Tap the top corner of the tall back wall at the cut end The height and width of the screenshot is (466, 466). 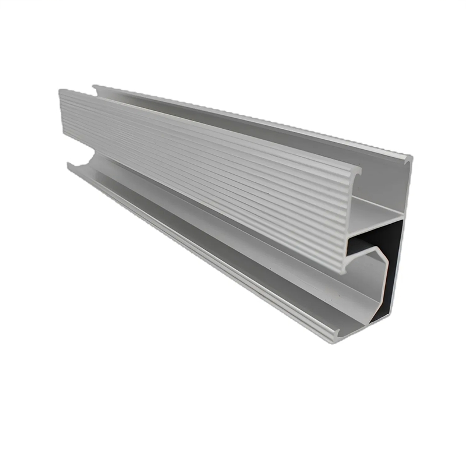(409, 157)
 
